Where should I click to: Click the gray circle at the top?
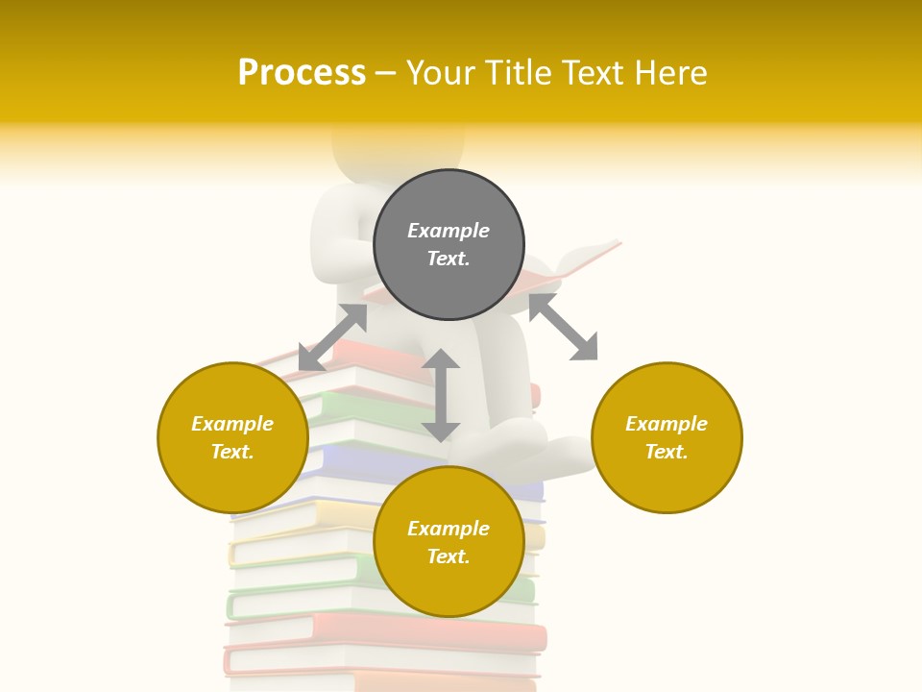pyautogui.click(x=449, y=245)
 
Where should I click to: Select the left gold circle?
pyautogui.click(x=232, y=437)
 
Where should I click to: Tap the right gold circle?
pyautogui.click(x=667, y=437)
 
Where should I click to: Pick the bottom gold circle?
pyautogui.click(x=449, y=542)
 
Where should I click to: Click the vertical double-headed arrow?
pyautogui.click(x=441, y=395)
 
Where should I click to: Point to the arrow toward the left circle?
pyautogui.click(x=332, y=337)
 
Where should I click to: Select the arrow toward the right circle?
pyautogui.click(x=563, y=327)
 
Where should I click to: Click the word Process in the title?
pyautogui.click(x=302, y=73)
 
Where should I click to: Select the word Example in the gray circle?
pyautogui.click(x=449, y=231)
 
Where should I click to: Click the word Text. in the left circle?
pyautogui.click(x=232, y=452)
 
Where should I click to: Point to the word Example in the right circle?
pyautogui.click(x=667, y=424)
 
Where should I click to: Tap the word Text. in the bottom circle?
pyautogui.click(x=449, y=556)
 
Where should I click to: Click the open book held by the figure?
pyautogui.click(x=576, y=264)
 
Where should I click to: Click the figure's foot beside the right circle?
pyautogui.click(x=567, y=452)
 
